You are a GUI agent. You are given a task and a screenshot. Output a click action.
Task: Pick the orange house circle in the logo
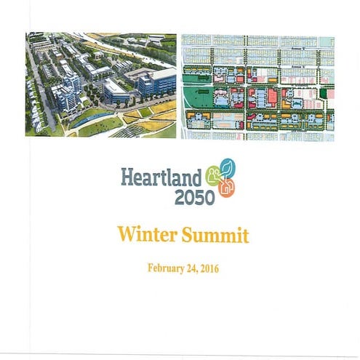226,187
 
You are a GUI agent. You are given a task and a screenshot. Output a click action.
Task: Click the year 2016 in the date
208,268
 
